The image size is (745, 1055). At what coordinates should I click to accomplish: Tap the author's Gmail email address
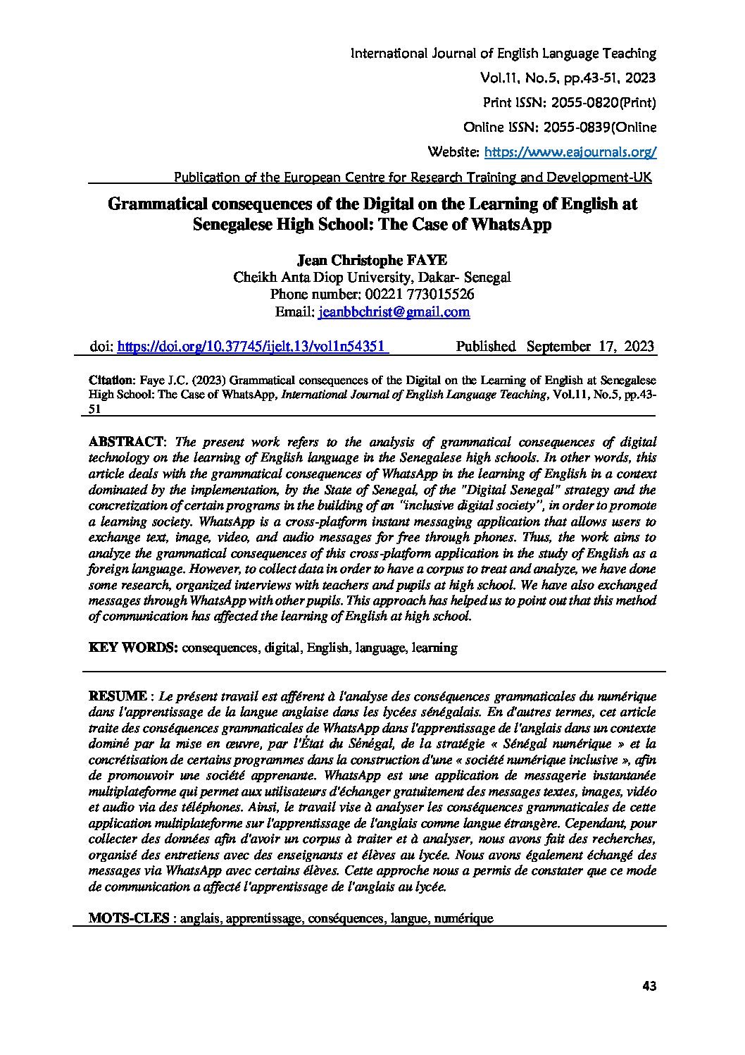(x=394, y=312)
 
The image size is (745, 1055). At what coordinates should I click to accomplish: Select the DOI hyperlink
(x=252, y=347)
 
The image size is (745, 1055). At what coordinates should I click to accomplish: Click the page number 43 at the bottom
(x=649, y=987)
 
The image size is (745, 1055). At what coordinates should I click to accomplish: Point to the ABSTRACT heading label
(x=126, y=443)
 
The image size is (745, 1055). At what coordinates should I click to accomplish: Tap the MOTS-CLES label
(x=129, y=918)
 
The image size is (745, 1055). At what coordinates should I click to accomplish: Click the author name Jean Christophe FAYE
(x=372, y=261)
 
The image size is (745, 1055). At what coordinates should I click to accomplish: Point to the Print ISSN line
(x=569, y=103)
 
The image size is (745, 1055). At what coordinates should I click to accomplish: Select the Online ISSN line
(x=560, y=128)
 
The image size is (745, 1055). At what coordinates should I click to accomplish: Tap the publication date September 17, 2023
(x=590, y=347)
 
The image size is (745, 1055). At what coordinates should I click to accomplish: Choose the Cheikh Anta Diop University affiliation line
(x=372, y=278)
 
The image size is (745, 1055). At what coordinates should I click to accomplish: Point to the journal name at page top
(x=503, y=54)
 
